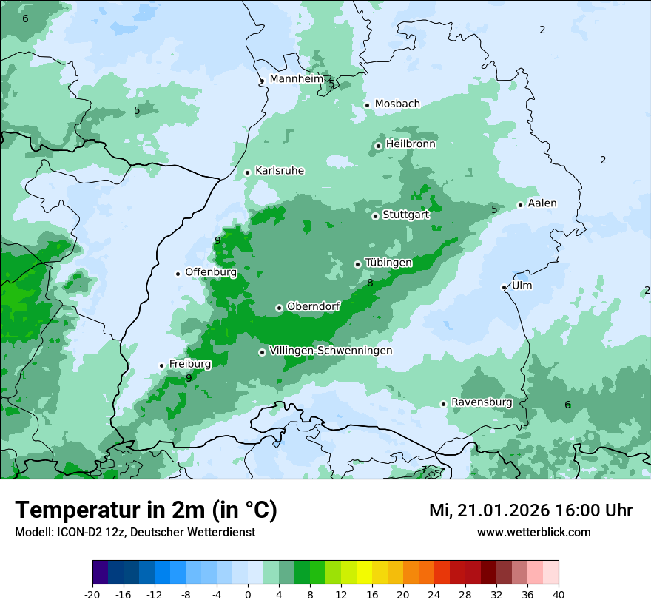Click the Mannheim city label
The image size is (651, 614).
click(297, 78)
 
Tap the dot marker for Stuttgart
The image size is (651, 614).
click(375, 216)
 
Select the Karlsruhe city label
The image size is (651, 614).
click(280, 171)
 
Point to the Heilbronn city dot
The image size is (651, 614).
click(378, 146)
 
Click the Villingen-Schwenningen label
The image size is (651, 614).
click(331, 351)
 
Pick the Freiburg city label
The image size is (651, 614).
click(189, 364)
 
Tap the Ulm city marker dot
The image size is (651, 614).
click(504, 287)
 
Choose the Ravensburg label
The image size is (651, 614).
click(482, 402)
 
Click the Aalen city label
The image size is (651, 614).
click(542, 203)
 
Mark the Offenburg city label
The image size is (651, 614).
click(211, 272)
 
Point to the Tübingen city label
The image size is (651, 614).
click(388, 263)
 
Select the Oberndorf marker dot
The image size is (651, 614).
click(279, 308)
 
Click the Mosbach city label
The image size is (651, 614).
click(397, 104)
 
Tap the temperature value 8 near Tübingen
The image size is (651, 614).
click(370, 283)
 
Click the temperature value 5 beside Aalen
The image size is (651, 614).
click(494, 209)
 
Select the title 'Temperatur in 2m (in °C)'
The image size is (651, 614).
click(146, 510)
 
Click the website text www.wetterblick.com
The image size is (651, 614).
click(533, 532)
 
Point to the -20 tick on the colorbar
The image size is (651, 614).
click(92, 594)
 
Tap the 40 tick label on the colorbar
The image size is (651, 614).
click(558, 594)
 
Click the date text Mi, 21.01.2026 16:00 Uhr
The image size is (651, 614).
click(530, 510)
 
